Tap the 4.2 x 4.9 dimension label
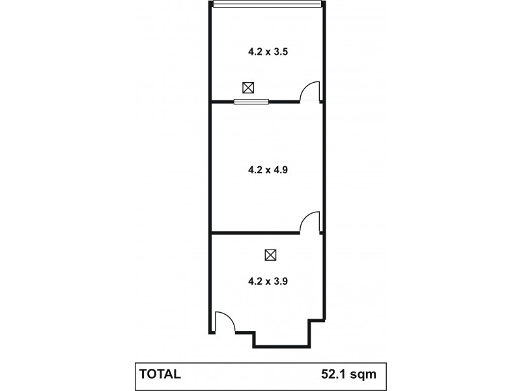(268, 169)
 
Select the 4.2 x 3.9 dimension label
(268, 282)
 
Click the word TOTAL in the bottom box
(160, 374)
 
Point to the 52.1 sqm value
(348, 374)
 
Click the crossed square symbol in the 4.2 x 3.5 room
(247, 87)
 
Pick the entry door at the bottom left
(224, 322)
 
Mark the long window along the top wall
(268, 4)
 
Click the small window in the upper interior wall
(251, 101)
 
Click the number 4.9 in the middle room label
(280, 169)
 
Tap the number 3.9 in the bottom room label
(280, 282)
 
